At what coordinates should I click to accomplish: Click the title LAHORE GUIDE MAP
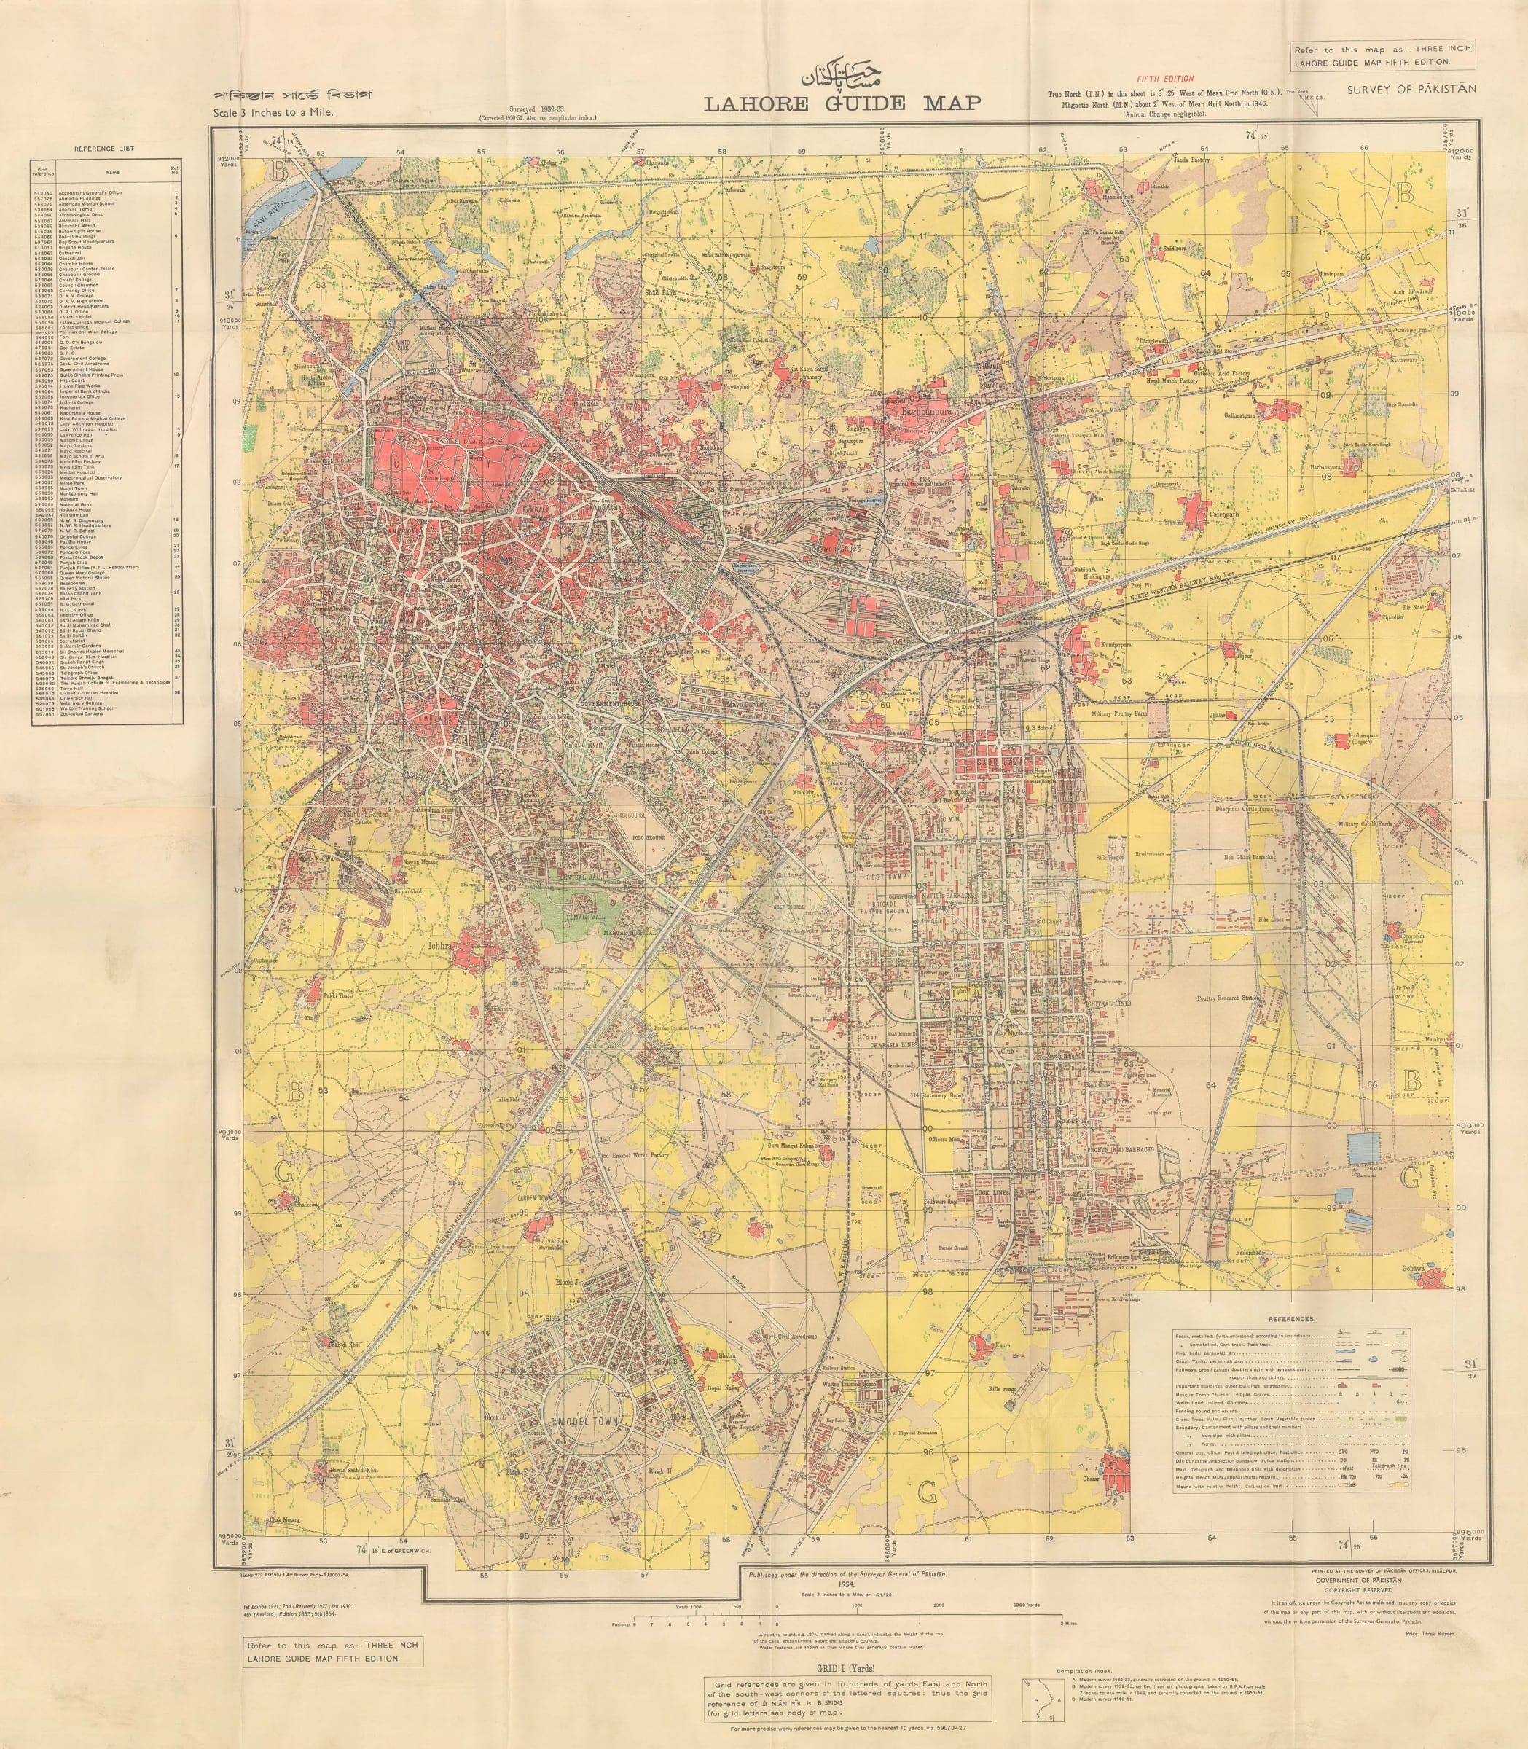842,103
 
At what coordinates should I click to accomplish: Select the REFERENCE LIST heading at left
103,149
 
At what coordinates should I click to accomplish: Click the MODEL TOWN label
588,1423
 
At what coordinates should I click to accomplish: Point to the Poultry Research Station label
1228,997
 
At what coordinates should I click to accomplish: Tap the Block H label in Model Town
660,1471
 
